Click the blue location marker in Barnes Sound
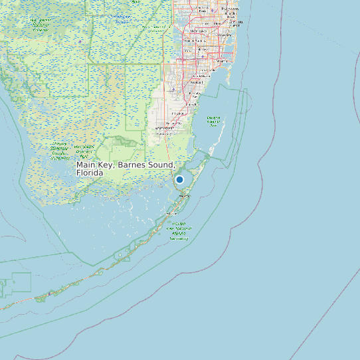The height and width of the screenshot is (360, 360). click(x=179, y=179)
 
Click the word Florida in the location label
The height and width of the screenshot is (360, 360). click(x=90, y=173)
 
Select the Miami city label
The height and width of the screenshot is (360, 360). click(x=221, y=61)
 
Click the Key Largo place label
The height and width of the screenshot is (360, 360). click(x=185, y=197)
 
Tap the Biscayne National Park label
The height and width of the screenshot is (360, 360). click(x=214, y=120)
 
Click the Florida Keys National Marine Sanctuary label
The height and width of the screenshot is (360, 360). click(x=179, y=231)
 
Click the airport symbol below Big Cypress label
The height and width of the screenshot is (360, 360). click(x=80, y=42)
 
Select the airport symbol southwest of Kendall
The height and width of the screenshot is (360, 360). click(x=174, y=90)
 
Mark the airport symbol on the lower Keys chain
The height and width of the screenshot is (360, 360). click(x=49, y=294)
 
